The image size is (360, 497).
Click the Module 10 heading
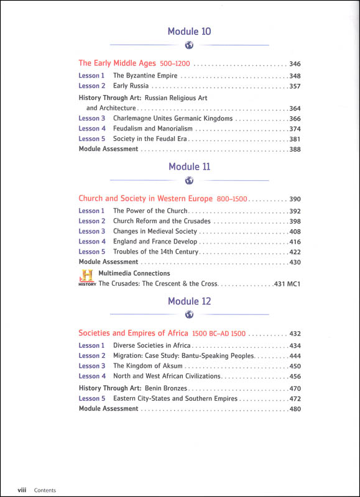(189, 31)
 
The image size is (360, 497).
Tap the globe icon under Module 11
(189, 181)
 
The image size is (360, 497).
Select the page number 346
(295, 63)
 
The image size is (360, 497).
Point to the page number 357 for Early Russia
(295, 86)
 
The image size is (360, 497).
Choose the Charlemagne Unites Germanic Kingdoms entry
(173, 118)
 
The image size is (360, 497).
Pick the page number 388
(295, 149)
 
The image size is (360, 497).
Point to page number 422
(295, 252)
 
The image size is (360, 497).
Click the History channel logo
(87, 278)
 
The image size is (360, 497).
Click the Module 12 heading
(189, 301)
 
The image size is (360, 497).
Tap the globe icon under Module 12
(189, 316)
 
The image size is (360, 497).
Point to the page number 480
(295, 409)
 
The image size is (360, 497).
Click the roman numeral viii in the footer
(21, 490)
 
